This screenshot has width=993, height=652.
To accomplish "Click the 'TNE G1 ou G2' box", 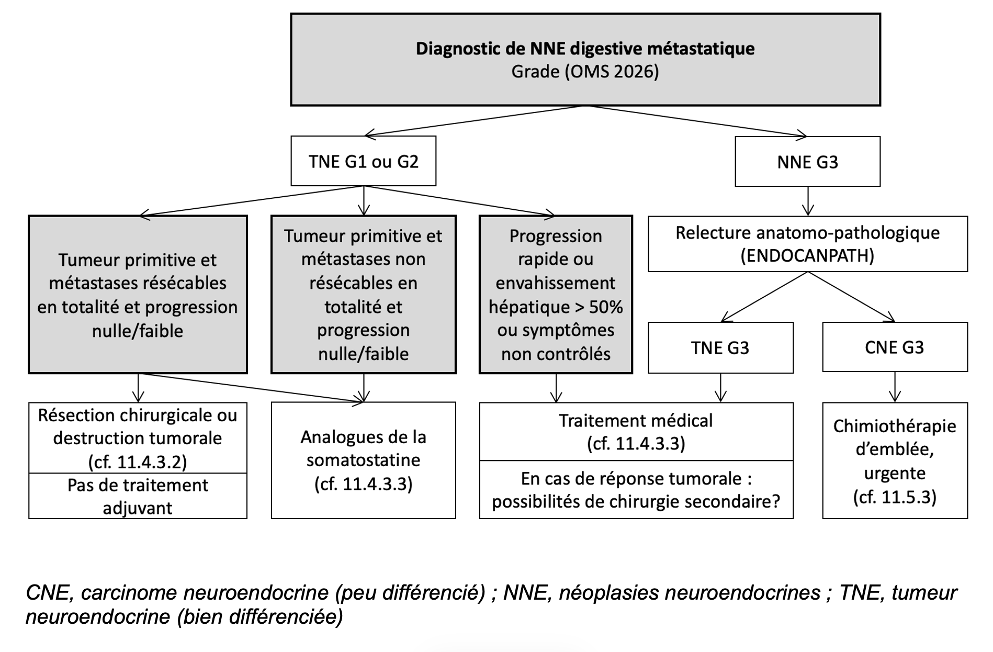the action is tap(364, 161).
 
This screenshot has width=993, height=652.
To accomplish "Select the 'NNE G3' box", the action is tap(807, 162).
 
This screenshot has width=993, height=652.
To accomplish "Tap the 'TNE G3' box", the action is tap(720, 347).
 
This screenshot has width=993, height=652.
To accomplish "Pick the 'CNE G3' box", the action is tap(895, 347).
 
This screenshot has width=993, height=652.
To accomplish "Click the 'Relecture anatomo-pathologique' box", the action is tap(808, 244).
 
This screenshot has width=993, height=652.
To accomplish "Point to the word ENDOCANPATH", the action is tap(807, 256).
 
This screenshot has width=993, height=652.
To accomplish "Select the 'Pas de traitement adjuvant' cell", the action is tap(138, 496).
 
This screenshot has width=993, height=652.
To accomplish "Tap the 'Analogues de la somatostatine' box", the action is tap(364, 460).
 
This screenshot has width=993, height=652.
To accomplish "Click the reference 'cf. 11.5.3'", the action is tap(895, 497).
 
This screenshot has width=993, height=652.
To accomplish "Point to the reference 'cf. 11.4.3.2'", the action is tap(138, 462).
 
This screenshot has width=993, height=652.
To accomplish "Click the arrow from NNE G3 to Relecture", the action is tap(808, 201).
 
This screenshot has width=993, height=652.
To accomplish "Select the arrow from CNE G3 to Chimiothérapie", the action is tap(895, 387).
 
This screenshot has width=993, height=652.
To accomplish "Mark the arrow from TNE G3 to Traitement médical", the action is tap(721, 388).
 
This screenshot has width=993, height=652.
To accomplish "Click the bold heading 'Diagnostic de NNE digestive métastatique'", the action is tap(585, 49).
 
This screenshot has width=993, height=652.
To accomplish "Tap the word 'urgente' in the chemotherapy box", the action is tap(895, 473).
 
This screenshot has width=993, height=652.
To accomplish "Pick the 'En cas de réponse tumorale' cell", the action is tap(636, 490).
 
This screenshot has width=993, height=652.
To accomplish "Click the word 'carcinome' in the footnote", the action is tap(124, 593).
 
